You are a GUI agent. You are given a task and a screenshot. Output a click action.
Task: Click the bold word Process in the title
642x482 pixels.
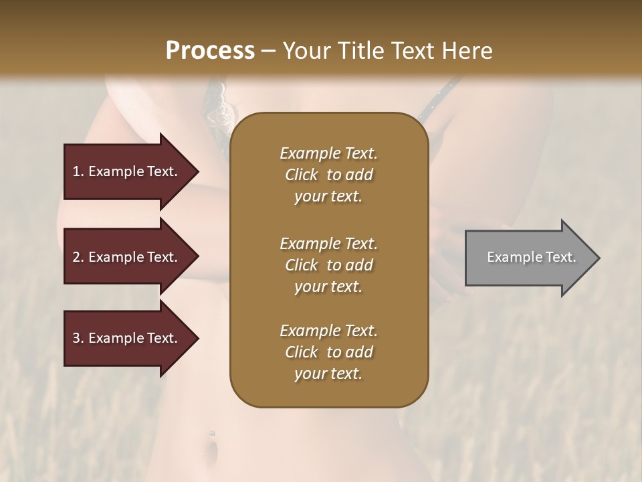(x=210, y=50)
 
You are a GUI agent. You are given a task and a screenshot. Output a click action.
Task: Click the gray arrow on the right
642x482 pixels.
(x=528, y=258)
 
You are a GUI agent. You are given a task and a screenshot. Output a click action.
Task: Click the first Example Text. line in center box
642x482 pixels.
(x=328, y=153)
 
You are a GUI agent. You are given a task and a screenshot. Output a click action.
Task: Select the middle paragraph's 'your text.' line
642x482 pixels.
(x=328, y=287)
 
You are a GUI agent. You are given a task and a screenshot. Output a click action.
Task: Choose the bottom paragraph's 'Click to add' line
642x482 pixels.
(x=328, y=352)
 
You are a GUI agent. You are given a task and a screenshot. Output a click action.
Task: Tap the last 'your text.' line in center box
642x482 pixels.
(x=328, y=374)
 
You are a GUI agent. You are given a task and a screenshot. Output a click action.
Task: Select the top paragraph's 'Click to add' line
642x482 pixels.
(x=328, y=175)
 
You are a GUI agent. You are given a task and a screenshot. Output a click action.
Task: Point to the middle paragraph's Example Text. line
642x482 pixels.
(x=328, y=243)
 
